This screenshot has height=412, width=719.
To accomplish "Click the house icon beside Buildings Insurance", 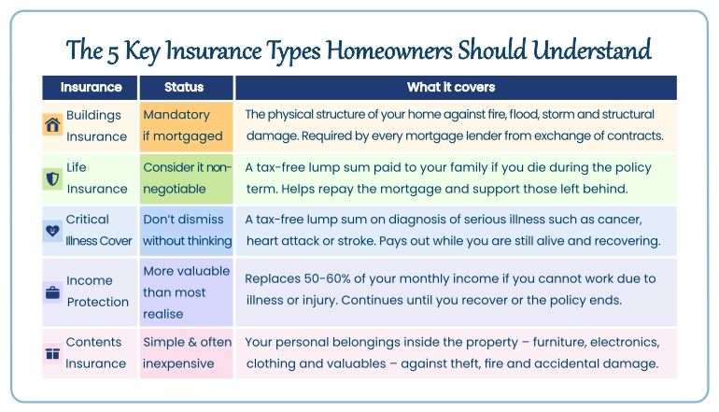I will click(x=53, y=125).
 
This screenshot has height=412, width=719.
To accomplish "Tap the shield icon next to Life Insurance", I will click(x=53, y=178).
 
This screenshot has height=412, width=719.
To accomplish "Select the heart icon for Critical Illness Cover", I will click(x=53, y=231).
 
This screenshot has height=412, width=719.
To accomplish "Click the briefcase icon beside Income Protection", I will click(x=53, y=291).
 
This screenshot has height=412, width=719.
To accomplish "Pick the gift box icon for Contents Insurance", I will click(x=53, y=353).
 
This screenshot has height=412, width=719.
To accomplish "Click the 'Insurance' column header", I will click(x=91, y=88).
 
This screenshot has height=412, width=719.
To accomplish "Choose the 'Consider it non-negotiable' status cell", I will click(x=186, y=178).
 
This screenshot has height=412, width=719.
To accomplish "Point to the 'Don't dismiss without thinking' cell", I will click(x=186, y=230).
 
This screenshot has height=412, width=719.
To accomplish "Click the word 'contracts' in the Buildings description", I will click(x=631, y=136).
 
